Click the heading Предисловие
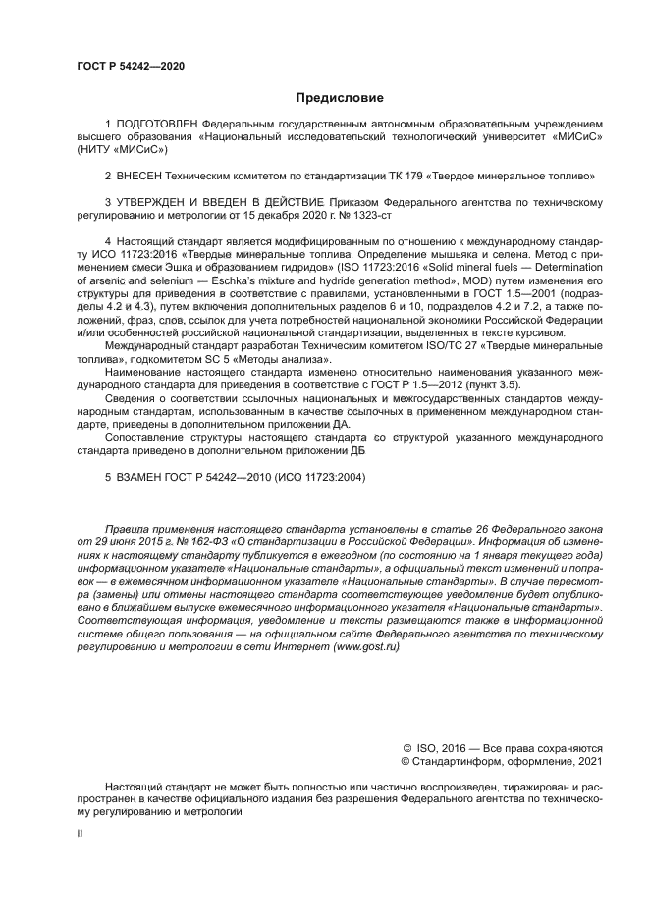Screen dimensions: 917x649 click(340, 97)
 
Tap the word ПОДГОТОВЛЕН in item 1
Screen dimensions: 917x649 click(156, 126)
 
